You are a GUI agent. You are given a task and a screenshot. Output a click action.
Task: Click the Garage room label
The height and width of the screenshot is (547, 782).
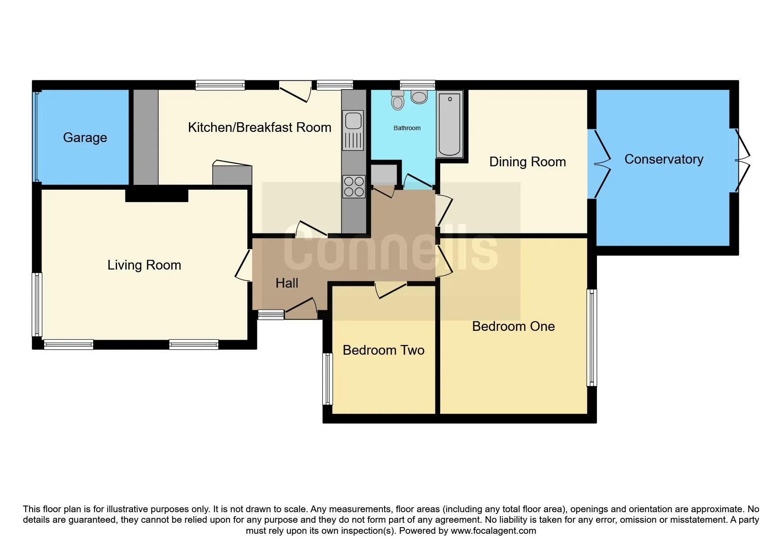click(85, 138)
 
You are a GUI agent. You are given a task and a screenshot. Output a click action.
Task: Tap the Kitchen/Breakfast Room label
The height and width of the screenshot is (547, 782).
click(260, 127)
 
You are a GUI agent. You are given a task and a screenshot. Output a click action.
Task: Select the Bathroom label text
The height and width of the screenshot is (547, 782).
click(407, 128)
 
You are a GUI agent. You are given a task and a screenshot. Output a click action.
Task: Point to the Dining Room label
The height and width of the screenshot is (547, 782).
click(528, 162)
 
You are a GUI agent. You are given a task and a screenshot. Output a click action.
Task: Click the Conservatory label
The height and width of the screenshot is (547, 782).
click(664, 159)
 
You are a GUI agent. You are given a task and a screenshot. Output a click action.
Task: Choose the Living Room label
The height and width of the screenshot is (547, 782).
click(144, 265)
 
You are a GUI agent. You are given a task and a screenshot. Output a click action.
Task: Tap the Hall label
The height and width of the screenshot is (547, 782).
click(287, 283)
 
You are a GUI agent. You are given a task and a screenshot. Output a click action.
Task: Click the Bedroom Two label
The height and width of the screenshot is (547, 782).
click(384, 350)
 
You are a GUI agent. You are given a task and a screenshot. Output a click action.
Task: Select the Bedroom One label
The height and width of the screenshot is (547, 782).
click(514, 326)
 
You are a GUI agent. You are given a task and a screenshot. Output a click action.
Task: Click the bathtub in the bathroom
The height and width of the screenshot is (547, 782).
click(450, 124)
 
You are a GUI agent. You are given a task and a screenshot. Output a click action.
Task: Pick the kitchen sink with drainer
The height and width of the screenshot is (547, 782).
click(353, 130)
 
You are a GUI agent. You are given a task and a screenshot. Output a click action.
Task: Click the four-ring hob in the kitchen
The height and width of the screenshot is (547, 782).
click(354, 186)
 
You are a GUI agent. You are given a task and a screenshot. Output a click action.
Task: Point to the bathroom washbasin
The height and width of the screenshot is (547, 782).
click(419, 97)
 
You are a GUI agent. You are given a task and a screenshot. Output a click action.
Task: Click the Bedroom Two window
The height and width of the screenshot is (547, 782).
click(328, 379)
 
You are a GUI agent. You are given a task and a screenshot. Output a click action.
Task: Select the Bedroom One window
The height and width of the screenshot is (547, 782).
click(592, 337)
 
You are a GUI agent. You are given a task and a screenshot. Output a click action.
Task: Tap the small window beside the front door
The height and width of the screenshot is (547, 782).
click(271, 315)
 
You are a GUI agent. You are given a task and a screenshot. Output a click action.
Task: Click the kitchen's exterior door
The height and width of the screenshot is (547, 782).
click(295, 91)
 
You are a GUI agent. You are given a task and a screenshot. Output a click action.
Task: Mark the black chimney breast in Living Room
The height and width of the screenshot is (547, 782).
click(157, 195)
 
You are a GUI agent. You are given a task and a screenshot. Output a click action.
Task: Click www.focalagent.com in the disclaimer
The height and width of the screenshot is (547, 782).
click(493, 531)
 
